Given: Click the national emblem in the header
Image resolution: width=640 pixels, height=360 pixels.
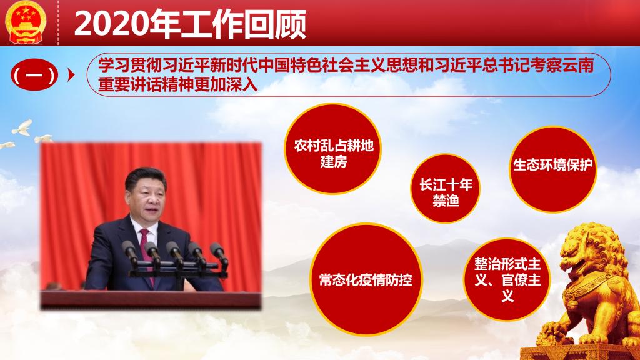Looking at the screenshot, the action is pyautogui.click(x=25, y=22).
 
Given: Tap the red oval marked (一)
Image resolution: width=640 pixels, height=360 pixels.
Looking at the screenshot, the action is pyautogui.click(x=34, y=75).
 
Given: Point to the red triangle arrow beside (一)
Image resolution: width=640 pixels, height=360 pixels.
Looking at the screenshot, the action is pyautogui.click(x=71, y=75).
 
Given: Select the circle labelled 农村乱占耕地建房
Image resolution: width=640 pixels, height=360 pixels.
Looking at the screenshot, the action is pyautogui.click(x=332, y=148).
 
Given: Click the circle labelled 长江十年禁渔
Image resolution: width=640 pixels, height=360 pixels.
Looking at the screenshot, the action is pyautogui.click(x=445, y=188).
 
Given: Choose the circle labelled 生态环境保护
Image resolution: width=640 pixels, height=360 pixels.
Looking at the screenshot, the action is pyautogui.click(x=552, y=169).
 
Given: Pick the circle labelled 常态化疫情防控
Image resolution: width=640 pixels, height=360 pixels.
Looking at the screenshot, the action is pyautogui.click(x=366, y=279).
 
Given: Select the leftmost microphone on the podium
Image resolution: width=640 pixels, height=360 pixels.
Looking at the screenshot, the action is pyautogui.click(x=131, y=251).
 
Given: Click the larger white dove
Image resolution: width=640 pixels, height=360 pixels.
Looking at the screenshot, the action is pyautogui.click(x=22, y=127).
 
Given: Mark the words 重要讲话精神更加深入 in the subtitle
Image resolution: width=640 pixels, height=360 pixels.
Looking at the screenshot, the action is pyautogui.click(x=178, y=84).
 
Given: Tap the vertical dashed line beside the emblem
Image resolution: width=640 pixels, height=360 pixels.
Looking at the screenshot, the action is pyautogui.click(x=58, y=22).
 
